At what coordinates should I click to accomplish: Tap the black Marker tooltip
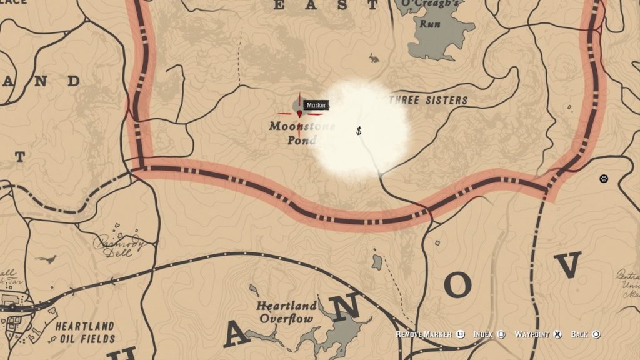tap(316, 105)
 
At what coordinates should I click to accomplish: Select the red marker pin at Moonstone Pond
tap(300, 114)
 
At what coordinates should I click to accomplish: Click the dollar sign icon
tap(359, 131)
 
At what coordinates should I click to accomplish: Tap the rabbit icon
tap(374, 58)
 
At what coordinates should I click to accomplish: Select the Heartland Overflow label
tap(286, 312)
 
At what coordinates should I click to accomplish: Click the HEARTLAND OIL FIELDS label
tap(85, 332)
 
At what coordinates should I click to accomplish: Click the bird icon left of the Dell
tap(46, 259)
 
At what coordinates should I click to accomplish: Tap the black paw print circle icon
tap(603, 179)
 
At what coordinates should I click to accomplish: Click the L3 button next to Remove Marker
tap(460, 334)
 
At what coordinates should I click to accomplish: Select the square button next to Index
tap(501, 334)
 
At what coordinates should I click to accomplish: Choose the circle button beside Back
tap(596, 334)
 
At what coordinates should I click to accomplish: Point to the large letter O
tap(458, 286)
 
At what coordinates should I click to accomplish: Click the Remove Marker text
tap(424, 334)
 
